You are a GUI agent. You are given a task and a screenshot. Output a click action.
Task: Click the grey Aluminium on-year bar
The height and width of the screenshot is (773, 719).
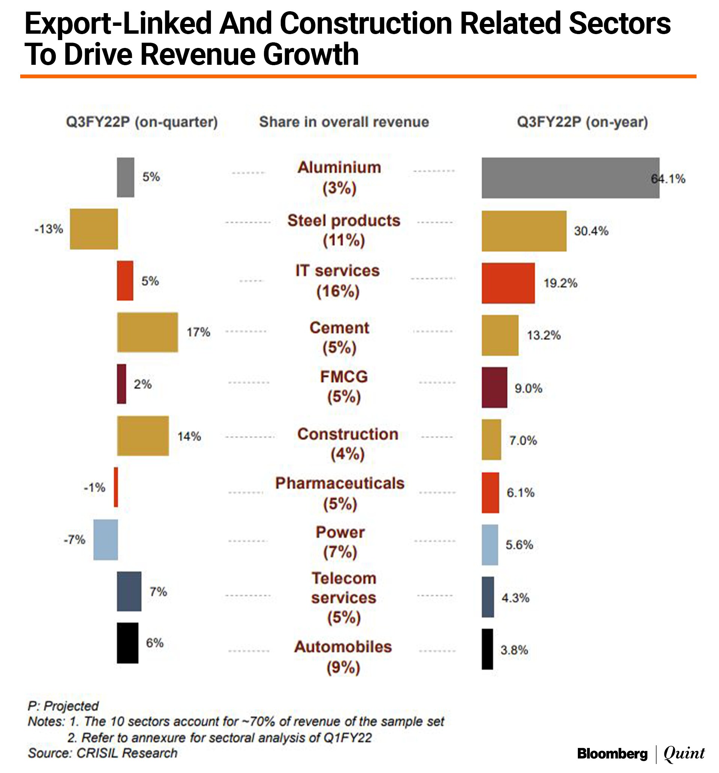570,178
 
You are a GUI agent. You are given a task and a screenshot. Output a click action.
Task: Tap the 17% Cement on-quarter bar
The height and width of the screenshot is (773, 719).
148,332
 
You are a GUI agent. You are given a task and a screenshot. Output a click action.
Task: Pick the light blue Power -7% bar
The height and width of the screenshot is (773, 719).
105,539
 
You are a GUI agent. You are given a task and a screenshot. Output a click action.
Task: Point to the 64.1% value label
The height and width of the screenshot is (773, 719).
668,179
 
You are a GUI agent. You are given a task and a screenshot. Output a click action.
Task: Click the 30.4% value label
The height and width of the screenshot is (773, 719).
591,231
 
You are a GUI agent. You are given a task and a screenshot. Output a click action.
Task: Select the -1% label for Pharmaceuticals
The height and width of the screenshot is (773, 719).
94,487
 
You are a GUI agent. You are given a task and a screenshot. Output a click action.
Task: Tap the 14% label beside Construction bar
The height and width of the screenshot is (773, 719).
189,436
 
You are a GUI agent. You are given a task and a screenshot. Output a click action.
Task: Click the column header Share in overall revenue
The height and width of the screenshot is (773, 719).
344,122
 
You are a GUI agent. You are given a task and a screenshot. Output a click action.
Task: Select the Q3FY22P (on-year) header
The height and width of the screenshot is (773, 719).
582,122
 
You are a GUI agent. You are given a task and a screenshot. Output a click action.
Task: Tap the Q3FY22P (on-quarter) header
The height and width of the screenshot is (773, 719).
142,122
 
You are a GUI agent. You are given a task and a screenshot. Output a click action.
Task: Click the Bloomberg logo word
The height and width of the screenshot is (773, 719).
612,754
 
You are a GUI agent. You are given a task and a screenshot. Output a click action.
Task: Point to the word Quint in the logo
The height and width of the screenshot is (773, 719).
684,753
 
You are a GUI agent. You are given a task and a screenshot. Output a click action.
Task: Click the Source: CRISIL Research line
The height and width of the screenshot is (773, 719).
103,753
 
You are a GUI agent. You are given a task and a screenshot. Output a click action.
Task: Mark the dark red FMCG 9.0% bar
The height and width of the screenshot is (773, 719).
494,387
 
